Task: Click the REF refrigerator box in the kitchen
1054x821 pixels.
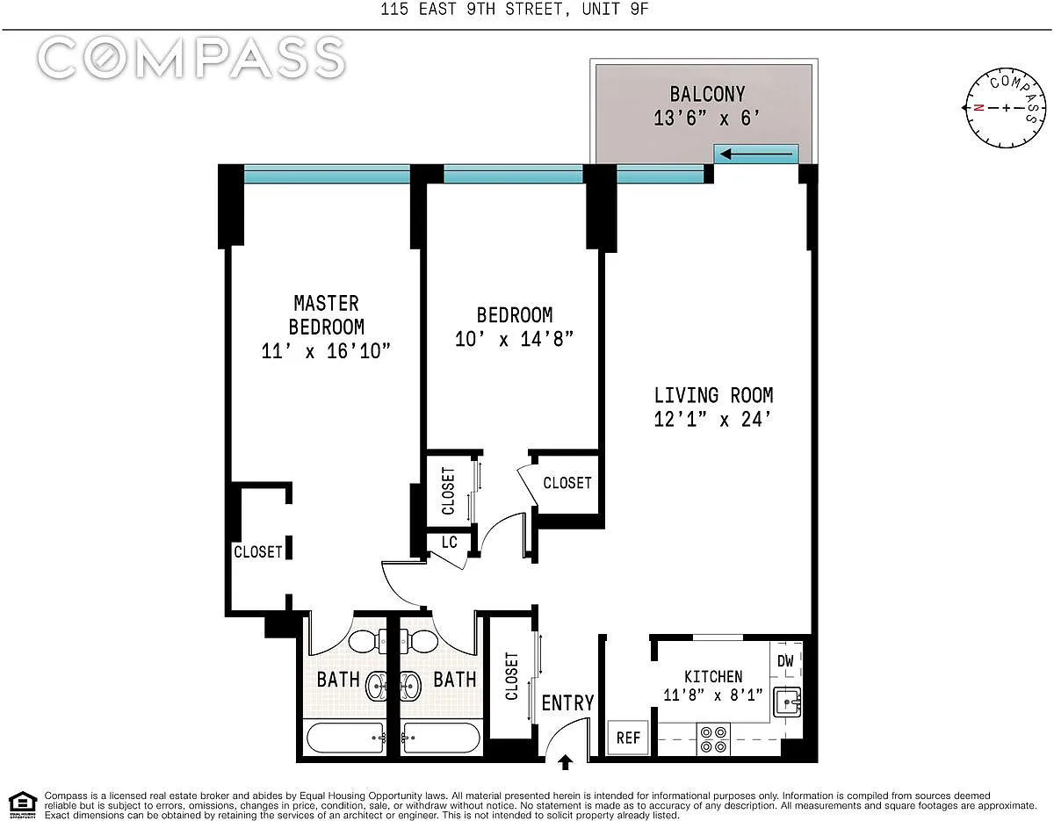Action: click(x=628, y=737)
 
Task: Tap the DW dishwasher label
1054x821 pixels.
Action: click(x=785, y=660)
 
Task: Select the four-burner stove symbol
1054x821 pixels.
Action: click(x=713, y=739)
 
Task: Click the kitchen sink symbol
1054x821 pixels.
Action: click(x=786, y=702)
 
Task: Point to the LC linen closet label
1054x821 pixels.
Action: click(x=449, y=542)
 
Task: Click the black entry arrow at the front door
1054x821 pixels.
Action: click(x=565, y=762)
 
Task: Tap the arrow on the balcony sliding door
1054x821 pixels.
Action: click(x=755, y=155)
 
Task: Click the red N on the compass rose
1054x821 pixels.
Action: click(x=978, y=108)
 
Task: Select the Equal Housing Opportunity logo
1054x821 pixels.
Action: click(x=23, y=804)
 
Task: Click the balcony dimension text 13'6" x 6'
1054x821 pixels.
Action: click(x=707, y=119)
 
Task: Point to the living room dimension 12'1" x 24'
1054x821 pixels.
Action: click(x=712, y=420)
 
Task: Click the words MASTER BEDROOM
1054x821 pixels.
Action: click(x=326, y=315)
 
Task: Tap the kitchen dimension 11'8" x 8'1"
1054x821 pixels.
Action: click(x=713, y=695)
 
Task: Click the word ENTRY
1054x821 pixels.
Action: click(x=567, y=702)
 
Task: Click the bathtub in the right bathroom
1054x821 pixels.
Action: click(x=442, y=738)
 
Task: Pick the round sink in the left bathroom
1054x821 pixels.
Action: click(x=376, y=686)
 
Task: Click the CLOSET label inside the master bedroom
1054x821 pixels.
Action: click(x=258, y=551)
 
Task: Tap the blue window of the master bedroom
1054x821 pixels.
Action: click(x=327, y=174)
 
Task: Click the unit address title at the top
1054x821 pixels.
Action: click(x=514, y=9)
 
